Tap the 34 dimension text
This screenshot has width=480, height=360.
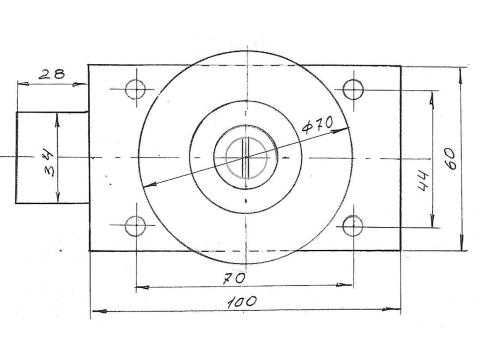(x=49, y=163)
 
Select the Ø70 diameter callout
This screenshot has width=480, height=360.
(x=317, y=124)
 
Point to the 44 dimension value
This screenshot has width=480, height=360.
(x=423, y=180)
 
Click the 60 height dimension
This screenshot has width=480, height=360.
(x=450, y=159)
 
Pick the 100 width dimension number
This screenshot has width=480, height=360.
(x=242, y=302)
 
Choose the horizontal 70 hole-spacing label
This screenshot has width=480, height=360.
(x=235, y=279)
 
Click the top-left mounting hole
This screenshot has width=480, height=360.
(x=135, y=89)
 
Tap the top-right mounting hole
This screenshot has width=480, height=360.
(x=353, y=89)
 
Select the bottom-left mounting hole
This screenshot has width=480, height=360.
(x=135, y=226)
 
